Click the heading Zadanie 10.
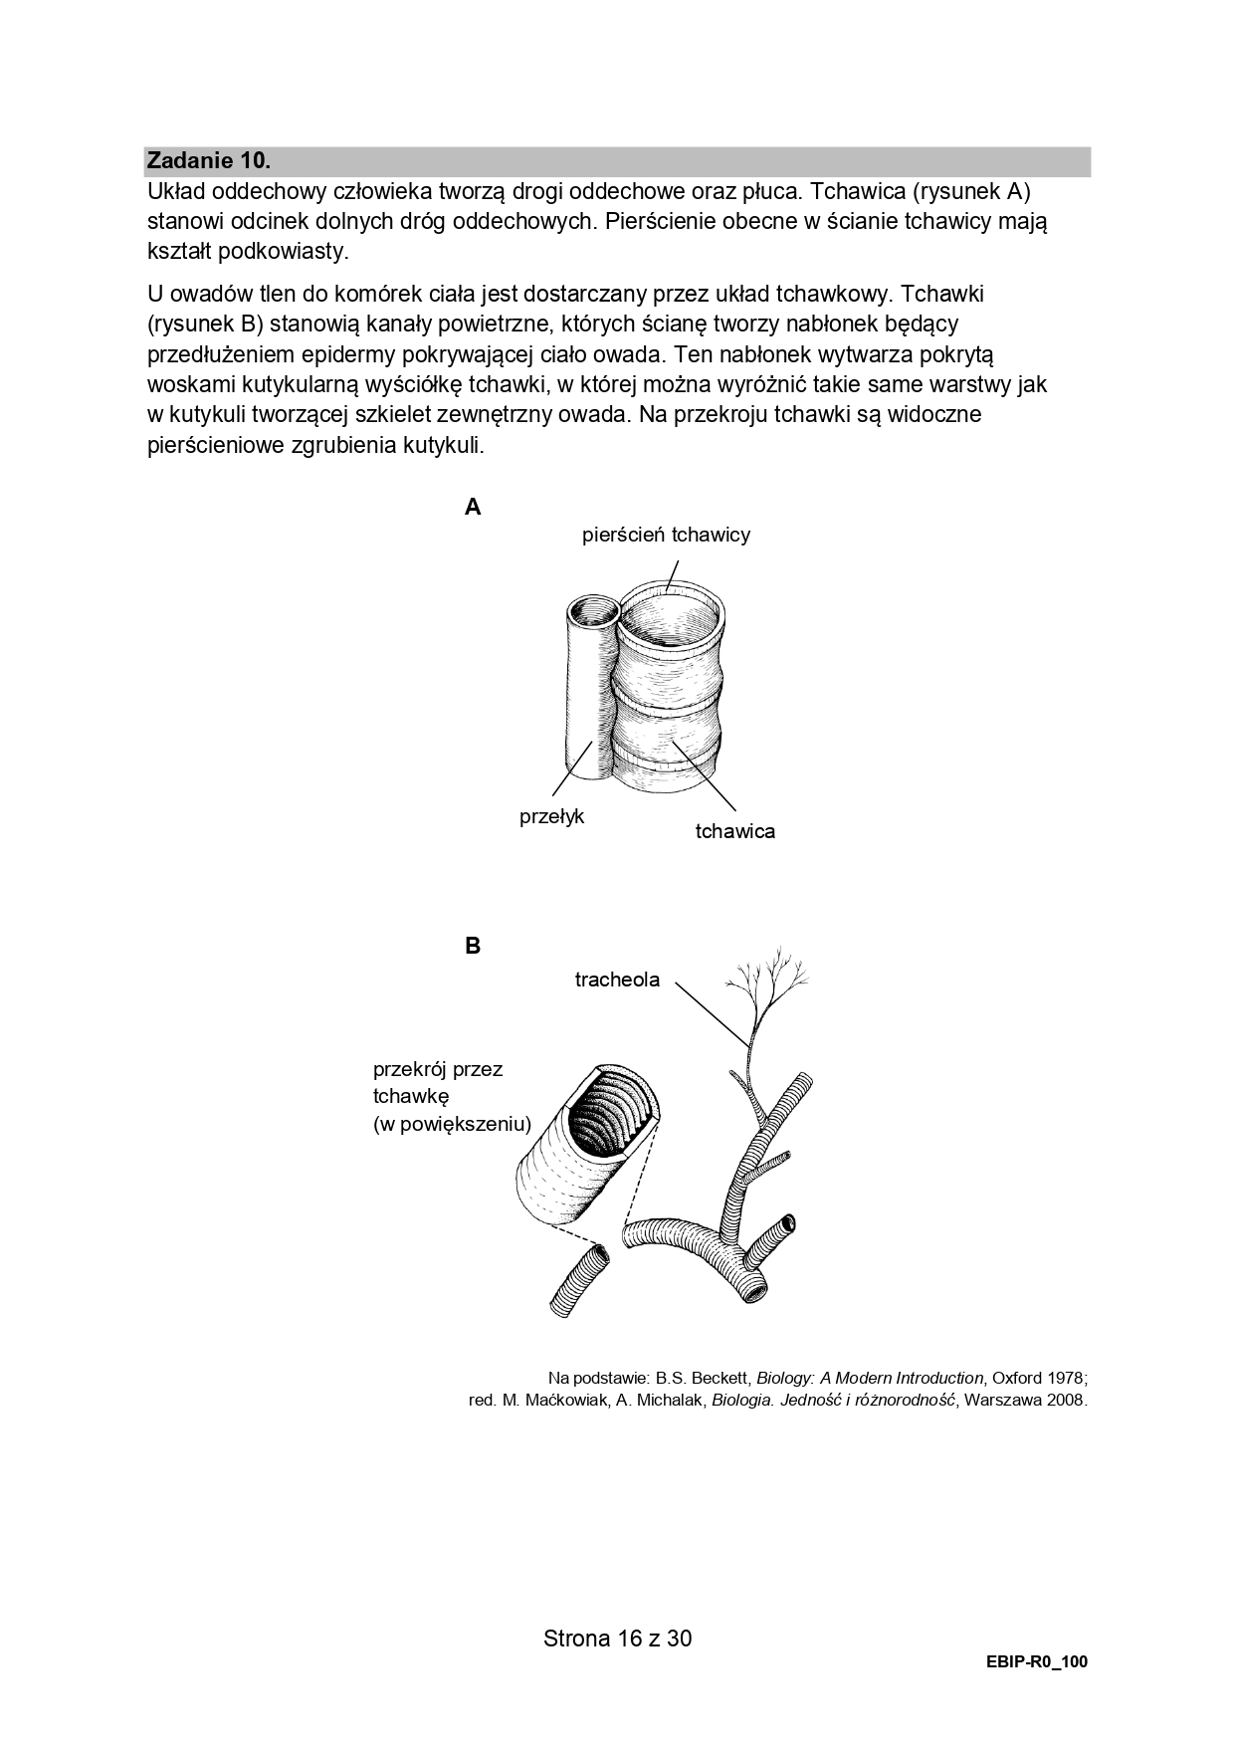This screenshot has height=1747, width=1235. click(208, 160)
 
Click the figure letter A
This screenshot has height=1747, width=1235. click(473, 508)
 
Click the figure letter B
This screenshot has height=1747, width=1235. click(473, 946)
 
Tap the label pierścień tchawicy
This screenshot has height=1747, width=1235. click(666, 535)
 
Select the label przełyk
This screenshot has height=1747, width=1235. click(551, 817)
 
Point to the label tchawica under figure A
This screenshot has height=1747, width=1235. click(734, 831)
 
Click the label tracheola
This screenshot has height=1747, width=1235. click(617, 980)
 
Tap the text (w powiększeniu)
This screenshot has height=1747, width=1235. click(452, 1125)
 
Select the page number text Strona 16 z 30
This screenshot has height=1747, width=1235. click(617, 1638)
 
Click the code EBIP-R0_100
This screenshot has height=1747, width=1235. click(1037, 1662)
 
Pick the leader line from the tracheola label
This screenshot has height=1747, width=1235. click(711, 1011)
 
